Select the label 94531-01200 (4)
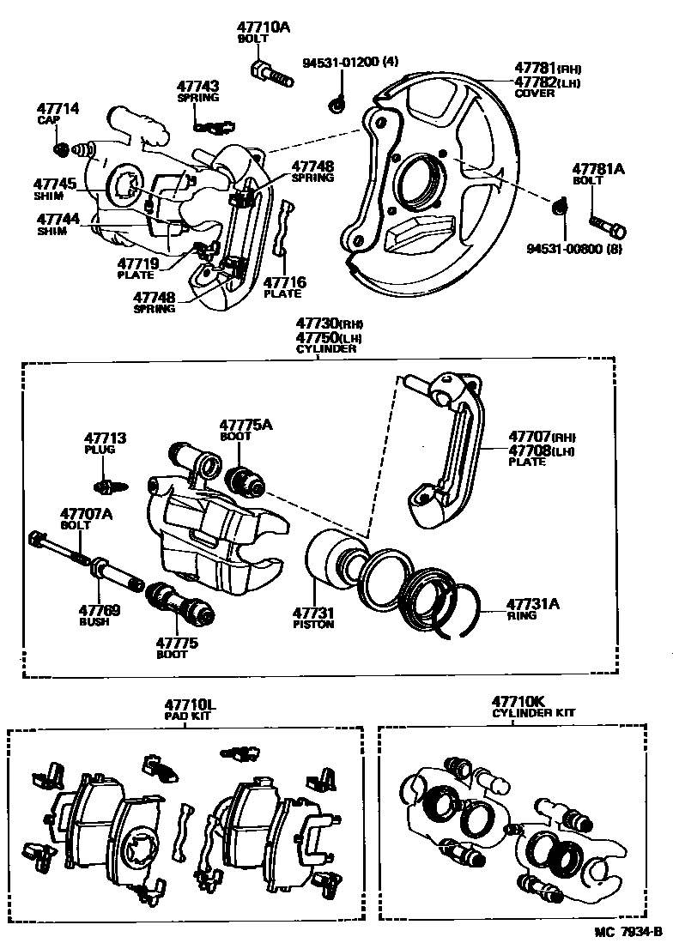pyautogui.click(x=339, y=63)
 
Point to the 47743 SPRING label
pyautogui.click(x=198, y=91)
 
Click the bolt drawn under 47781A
pyautogui.click(x=608, y=227)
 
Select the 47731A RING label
pyautogui.click(x=532, y=608)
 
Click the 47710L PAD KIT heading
pyautogui.click(x=191, y=709)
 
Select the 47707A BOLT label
pyautogui.click(x=86, y=519)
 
